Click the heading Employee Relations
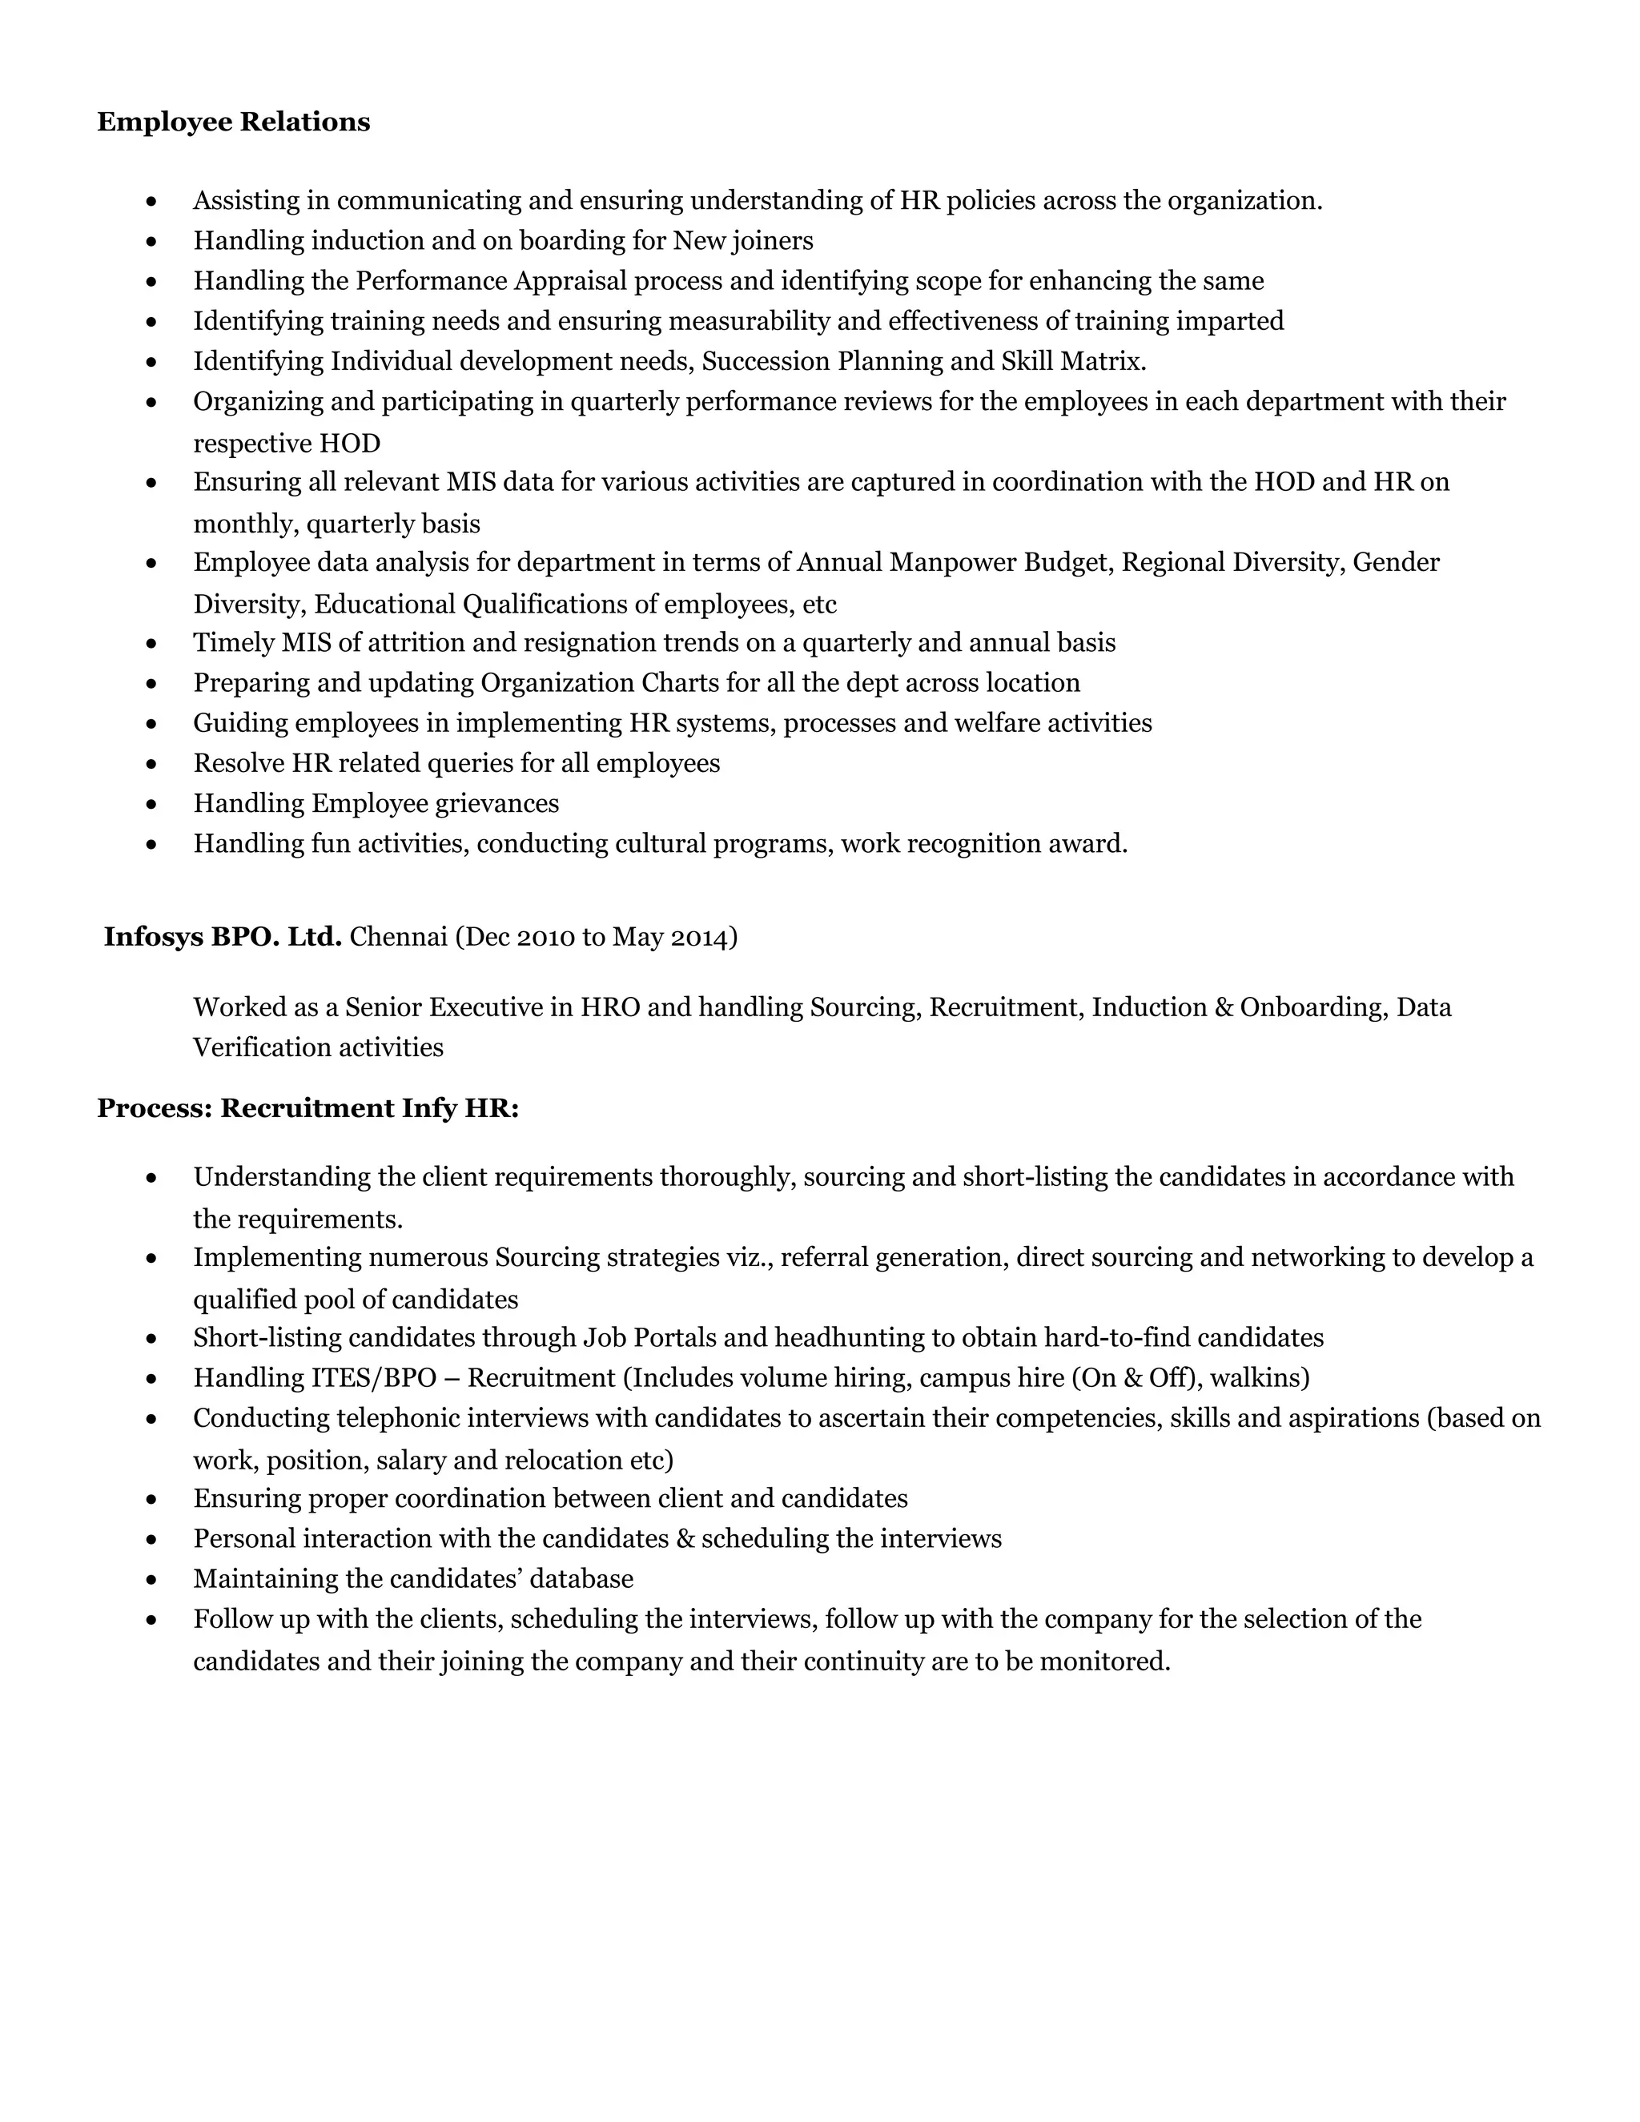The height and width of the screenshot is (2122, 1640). point(233,123)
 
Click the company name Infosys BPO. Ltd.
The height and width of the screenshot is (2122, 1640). point(223,937)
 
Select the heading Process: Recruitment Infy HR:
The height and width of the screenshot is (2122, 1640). point(308,1108)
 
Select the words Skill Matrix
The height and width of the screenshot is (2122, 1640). point(1071,361)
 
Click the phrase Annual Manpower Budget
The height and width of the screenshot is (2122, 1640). point(953,563)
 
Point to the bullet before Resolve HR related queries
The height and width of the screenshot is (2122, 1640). point(151,765)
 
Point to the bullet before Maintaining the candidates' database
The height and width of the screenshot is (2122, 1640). point(151,1581)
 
